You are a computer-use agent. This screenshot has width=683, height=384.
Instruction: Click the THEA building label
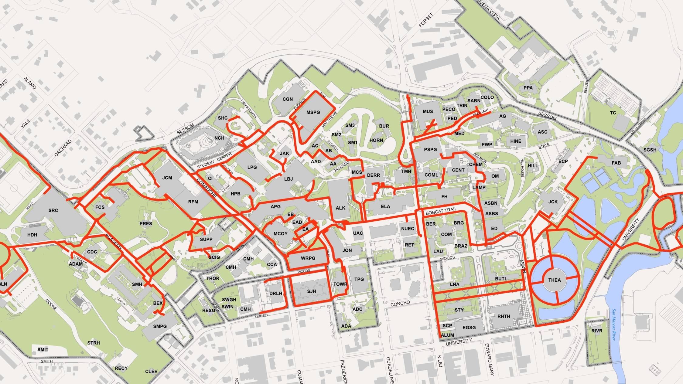(x=554, y=280)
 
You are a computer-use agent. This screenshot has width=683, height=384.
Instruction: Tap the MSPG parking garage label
(x=313, y=112)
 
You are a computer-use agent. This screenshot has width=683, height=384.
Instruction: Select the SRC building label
(x=53, y=210)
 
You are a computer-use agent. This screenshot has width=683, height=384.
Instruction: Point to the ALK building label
(x=340, y=208)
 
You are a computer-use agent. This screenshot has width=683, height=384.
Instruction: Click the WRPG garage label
(x=308, y=258)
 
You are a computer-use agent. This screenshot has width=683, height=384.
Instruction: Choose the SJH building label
(x=312, y=291)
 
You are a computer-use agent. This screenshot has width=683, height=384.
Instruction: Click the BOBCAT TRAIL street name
(x=441, y=211)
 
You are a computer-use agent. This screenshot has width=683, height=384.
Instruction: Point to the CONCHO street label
(x=400, y=303)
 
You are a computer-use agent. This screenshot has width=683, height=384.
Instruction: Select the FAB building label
(x=616, y=163)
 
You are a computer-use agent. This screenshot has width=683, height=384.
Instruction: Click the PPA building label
(x=528, y=88)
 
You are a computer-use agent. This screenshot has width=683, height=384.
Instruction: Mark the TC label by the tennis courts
(x=613, y=113)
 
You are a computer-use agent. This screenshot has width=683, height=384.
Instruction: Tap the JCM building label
(x=167, y=178)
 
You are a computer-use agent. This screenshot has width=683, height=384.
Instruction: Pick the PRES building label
(x=146, y=224)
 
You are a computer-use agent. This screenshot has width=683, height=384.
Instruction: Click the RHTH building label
(x=504, y=316)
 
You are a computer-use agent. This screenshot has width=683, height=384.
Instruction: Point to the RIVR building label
(x=597, y=331)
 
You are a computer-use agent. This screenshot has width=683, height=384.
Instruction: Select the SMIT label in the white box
(x=43, y=349)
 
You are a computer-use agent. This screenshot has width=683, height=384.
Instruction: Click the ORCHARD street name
(x=63, y=148)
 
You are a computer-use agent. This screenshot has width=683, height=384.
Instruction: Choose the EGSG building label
(x=469, y=328)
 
